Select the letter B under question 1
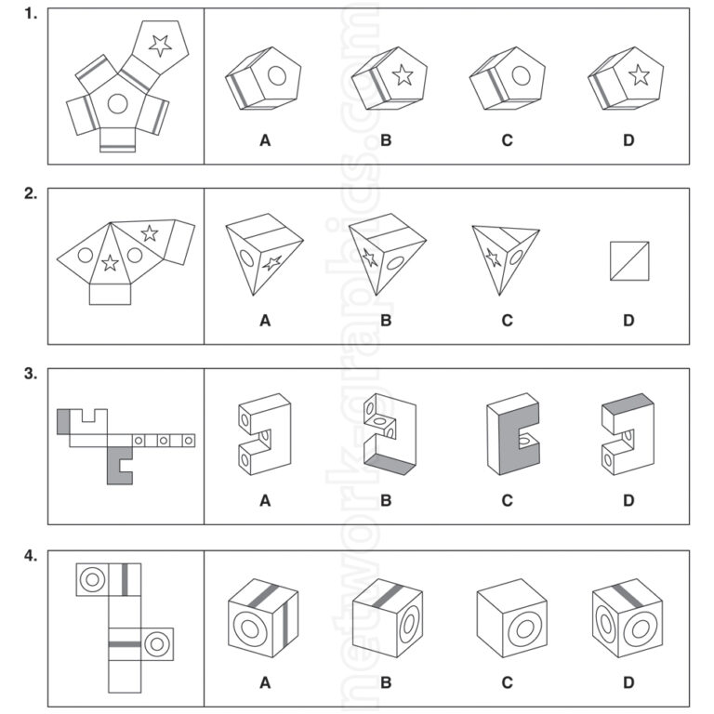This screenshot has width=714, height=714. point(386,141)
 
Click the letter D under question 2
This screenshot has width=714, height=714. point(628,321)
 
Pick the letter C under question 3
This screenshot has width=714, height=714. point(507,500)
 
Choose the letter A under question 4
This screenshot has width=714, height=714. point(265,682)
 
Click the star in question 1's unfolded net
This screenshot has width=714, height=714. point(160,44)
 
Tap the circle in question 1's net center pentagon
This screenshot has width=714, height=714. point(117,103)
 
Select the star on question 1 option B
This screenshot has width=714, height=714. point(403,74)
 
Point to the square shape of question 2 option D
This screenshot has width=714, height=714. point(629,260)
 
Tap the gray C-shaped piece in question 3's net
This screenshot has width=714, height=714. point(118,464)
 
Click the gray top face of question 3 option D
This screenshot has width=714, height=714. point(628,403)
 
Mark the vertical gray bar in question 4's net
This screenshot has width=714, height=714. point(124,578)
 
